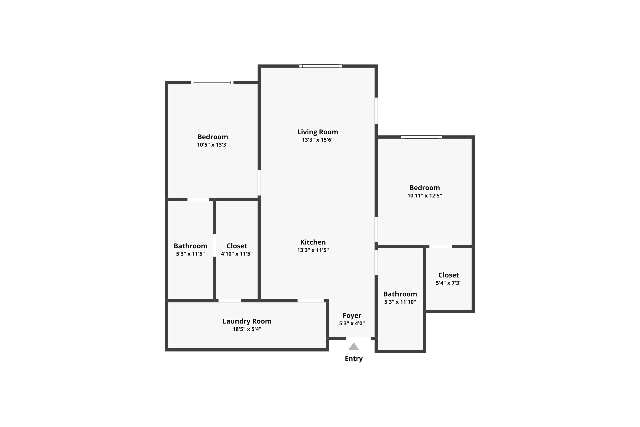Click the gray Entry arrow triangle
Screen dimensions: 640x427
click(354, 347)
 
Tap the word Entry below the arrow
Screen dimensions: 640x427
click(354, 359)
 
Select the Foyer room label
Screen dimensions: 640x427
click(352, 316)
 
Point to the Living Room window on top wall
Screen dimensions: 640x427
click(321, 66)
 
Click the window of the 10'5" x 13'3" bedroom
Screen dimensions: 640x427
click(212, 83)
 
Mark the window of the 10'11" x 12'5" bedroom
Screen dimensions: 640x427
click(421, 137)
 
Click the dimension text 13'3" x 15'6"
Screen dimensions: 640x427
click(317, 140)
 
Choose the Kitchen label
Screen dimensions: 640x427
click(313, 242)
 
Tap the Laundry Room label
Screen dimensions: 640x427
click(247, 321)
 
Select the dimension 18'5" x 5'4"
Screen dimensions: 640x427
click(247, 329)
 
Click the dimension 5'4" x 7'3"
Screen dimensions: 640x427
click(449, 283)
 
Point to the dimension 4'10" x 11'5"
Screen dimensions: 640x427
click(237, 254)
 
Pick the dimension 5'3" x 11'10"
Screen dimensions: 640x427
click(400, 302)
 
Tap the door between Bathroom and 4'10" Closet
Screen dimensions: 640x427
click(215, 245)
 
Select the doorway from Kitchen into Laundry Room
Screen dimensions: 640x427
click(311, 301)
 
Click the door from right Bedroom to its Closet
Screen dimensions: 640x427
click(441, 246)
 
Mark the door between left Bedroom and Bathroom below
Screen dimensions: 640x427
click(198, 199)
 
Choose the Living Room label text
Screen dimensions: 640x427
click(317, 132)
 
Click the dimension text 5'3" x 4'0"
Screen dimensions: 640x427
click(352, 323)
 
